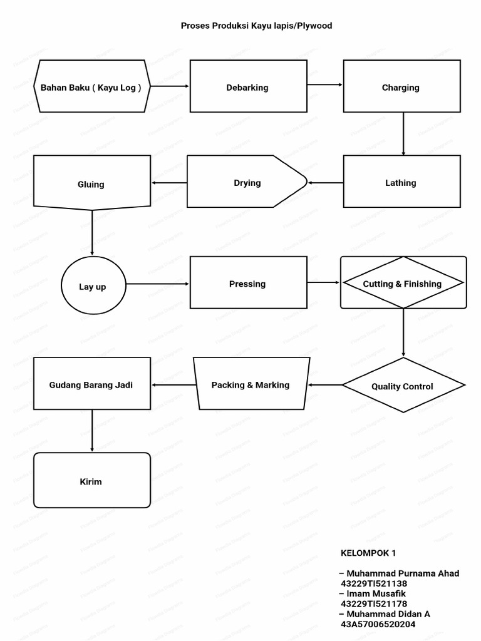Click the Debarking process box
click(x=248, y=86)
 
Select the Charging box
click(x=401, y=86)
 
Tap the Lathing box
click(x=401, y=182)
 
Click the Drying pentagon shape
click(x=247, y=182)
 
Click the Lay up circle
click(x=92, y=286)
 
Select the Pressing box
click(x=248, y=283)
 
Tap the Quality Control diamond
click(x=403, y=386)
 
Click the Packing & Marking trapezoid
click(x=250, y=384)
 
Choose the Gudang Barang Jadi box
click(x=91, y=384)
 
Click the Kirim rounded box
click(x=91, y=481)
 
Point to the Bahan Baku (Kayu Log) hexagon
click(x=91, y=86)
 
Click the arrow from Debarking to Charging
click(x=324, y=85)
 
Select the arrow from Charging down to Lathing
click(x=403, y=134)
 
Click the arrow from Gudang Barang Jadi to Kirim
click(x=92, y=431)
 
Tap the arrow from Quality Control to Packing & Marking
click(x=324, y=385)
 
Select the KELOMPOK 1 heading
click(x=368, y=553)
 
